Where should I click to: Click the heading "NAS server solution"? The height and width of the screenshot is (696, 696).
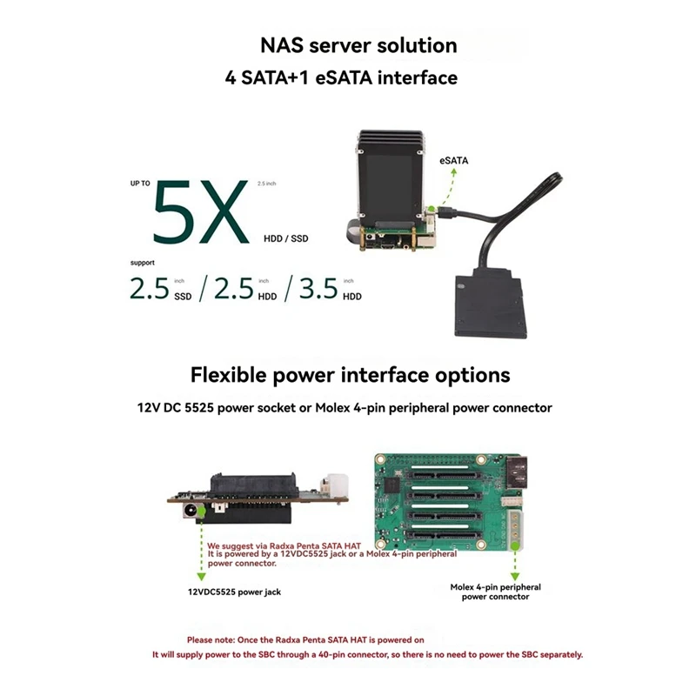pyautogui.click(x=358, y=45)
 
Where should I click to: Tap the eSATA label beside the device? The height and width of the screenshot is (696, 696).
pyautogui.click(x=453, y=161)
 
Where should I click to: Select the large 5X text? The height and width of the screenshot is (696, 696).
pyautogui.click(x=200, y=212)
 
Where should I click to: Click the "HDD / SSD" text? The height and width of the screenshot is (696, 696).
pyautogui.click(x=286, y=238)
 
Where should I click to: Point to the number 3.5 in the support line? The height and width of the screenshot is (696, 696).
pyautogui.click(x=318, y=289)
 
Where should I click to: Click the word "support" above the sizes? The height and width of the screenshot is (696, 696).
pyautogui.click(x=143, y=263)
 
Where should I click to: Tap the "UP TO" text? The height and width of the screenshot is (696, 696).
pyautogui.click(x=140, y=184)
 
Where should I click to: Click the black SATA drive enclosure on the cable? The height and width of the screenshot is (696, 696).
pyautogui.click(x=491, y=303)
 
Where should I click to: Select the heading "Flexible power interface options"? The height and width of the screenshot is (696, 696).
pyautogui.click(x=351, y=375)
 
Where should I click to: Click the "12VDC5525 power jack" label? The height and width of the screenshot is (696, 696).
pyautogui.click(x=234, y=592)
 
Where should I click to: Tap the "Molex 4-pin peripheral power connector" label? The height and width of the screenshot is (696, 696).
pyautogui.click(x=495, y=592)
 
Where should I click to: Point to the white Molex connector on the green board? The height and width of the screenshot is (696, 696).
pyautogui.click(x=516, y=529)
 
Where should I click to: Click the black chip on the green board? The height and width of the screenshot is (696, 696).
pyautogui.click(x=392, y=485)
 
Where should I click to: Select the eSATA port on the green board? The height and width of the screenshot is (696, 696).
pyautogui.click(x=517, y=472)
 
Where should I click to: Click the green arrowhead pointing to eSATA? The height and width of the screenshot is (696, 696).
pyautogui.click(x=453, y=172)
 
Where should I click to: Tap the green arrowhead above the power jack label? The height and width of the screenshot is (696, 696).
pyautogui.click(x=202, y=576)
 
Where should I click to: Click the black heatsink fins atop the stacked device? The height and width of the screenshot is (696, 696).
pyautogui.click(x=391, y=140)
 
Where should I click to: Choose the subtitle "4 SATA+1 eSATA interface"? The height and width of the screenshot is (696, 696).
pyautogui.click(x=341, y=77)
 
